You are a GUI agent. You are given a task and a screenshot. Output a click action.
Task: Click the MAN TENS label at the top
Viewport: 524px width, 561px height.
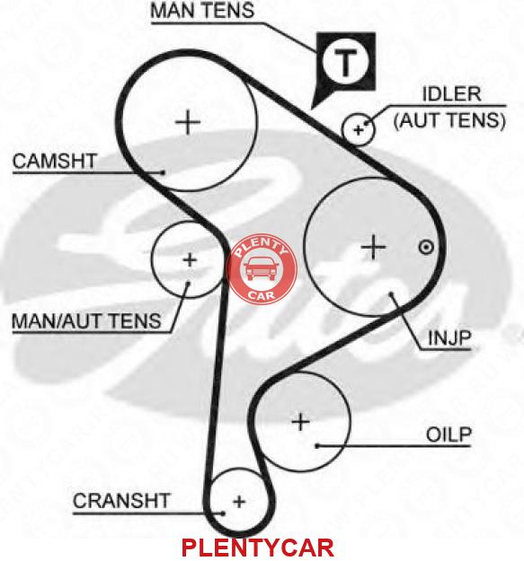(x=202, y=11)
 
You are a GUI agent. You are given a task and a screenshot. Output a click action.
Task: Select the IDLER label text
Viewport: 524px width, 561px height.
(x=452, y=94)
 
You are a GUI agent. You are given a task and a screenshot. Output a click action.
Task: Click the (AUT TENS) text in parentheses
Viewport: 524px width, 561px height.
(x=449, y=120)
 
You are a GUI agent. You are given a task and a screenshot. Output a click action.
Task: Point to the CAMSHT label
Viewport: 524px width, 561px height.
(x=55, y=161)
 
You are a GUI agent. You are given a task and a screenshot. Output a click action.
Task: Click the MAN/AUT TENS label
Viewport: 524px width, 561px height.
(x=86, y=321)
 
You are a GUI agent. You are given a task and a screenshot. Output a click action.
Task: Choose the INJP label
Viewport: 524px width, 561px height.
(x=449, y=337)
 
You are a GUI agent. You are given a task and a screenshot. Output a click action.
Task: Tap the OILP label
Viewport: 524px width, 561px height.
(x=449, y=434)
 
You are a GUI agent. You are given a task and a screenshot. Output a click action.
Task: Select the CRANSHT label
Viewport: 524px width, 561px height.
(x=121, y=501)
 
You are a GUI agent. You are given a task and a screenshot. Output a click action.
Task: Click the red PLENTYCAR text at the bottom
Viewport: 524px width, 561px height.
(x=258, y=547)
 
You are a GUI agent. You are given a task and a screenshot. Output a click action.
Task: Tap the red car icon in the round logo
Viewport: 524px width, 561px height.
(x=261, y=268)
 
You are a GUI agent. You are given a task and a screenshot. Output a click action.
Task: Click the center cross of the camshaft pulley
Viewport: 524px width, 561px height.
(x=189, y=122)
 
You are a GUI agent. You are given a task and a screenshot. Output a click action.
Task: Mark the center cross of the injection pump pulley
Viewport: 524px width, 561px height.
(x=373, y=247)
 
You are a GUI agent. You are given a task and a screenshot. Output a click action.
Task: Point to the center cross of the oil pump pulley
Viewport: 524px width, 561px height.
(x=300, y=422)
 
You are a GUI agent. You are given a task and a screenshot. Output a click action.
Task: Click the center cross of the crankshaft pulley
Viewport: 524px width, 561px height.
(x=239, y=501)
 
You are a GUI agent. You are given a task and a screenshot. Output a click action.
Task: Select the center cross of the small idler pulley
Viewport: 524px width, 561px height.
(x=358, y=129)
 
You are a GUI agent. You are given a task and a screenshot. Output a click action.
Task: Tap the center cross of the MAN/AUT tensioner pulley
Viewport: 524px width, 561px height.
(x=190, y=259)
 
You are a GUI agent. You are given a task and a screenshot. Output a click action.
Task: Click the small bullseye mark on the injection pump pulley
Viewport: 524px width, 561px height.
(x=426, y=247)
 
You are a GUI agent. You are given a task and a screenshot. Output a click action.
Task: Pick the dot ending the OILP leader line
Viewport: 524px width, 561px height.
(x=317, y=446)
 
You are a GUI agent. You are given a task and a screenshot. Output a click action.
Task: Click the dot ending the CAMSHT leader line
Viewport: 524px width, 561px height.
(x=164, y=172)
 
